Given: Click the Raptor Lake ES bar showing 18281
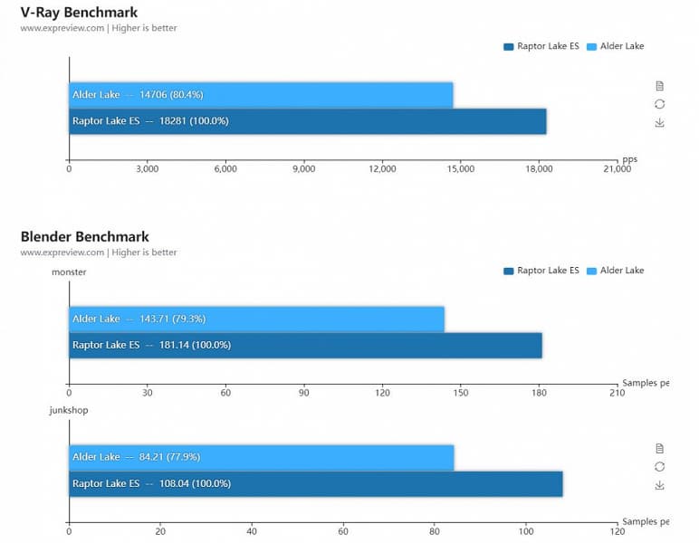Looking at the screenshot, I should pyautogui.click(x=307, y=121).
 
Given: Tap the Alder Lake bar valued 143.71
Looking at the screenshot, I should pyautogui.click(x=256, y=319).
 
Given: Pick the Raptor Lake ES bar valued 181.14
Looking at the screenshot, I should pyautogui.click(x=305, y=345).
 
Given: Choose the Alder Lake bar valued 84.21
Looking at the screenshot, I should pyautogui.click(x=261, y=457).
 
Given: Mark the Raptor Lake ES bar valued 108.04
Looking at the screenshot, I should pyautogui.click(x=315, y=483).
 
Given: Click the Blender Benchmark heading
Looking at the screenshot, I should pyautogui.click(x=85, y=236).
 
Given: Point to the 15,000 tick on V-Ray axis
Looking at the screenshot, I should pyautogui.click(x=460, y=168).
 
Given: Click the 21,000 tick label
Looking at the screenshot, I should pyautogui.click(x=617, y=168).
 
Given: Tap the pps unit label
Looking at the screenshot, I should pyautogui.click(x=629, y=158).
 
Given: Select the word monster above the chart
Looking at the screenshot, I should pyautogui.click(x=69, y=271).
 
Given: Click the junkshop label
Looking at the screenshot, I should pyautogui.click(x=70, y=410).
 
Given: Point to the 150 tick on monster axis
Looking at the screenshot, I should pyautogui.click(x=460, y=393).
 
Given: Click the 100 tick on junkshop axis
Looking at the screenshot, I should pyautogui.click(x=525, y=532).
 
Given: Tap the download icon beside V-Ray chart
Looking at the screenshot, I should pyautogui.click(x=659, y=122).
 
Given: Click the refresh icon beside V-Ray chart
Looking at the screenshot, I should pyautogui.click(x=659, y=104).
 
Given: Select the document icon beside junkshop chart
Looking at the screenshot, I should pyautogui.click(x=659, y=448).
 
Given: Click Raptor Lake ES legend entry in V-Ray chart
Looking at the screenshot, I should pyautogui.click(x=541, y=46).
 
